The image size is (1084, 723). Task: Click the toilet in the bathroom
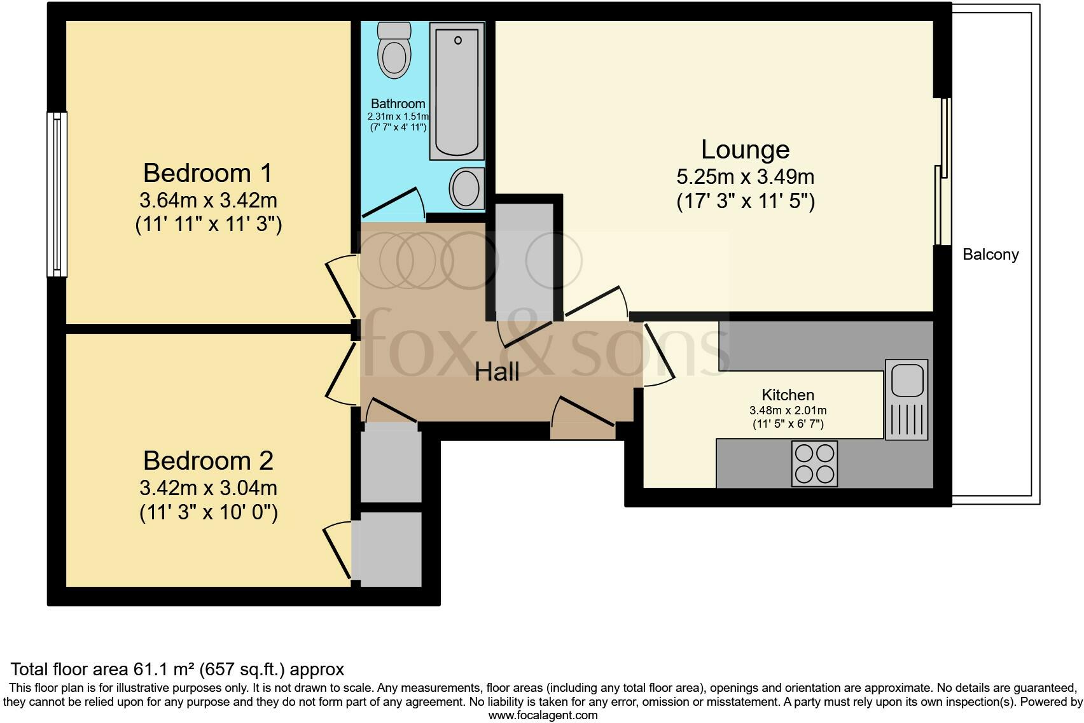click(x=394, y=51)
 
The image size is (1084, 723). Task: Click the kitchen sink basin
click(x=907, y=381)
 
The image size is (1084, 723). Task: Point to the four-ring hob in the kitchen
click(x=814, y=463)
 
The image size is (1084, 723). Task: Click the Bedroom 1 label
click(x=207, y=173)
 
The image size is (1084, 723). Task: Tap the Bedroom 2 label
click(x=208, y=461)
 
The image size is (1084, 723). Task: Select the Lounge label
click(x=745, y=150)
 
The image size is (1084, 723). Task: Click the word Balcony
click(x=990, y=255)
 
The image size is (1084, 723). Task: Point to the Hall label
click(x=497, y=372)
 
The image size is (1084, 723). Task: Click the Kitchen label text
click(x=788, y=395)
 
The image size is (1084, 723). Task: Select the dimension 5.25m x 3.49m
click(x=745, y=176)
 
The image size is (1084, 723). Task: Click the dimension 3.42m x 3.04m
click(x=208, y=488)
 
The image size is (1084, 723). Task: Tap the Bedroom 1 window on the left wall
click(x=57, y=194)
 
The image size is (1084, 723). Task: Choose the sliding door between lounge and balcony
click(x=942, y=172)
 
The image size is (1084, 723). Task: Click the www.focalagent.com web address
click(x=543, y=715)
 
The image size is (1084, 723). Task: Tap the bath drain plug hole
click(x=457, y=41)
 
